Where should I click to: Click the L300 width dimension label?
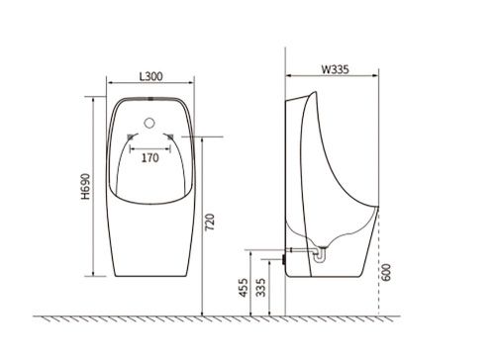[150, 76]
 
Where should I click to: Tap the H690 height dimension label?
[86, 187]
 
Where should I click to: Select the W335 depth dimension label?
[336, 69]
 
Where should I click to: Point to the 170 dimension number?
[150, 158]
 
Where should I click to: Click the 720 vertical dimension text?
[210, 223]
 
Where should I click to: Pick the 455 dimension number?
[244, 288]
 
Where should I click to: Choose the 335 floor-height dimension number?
[260, 288]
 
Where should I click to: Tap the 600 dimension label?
[386, 272]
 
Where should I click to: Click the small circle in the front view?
[149, 123]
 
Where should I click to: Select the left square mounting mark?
[131, 136]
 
